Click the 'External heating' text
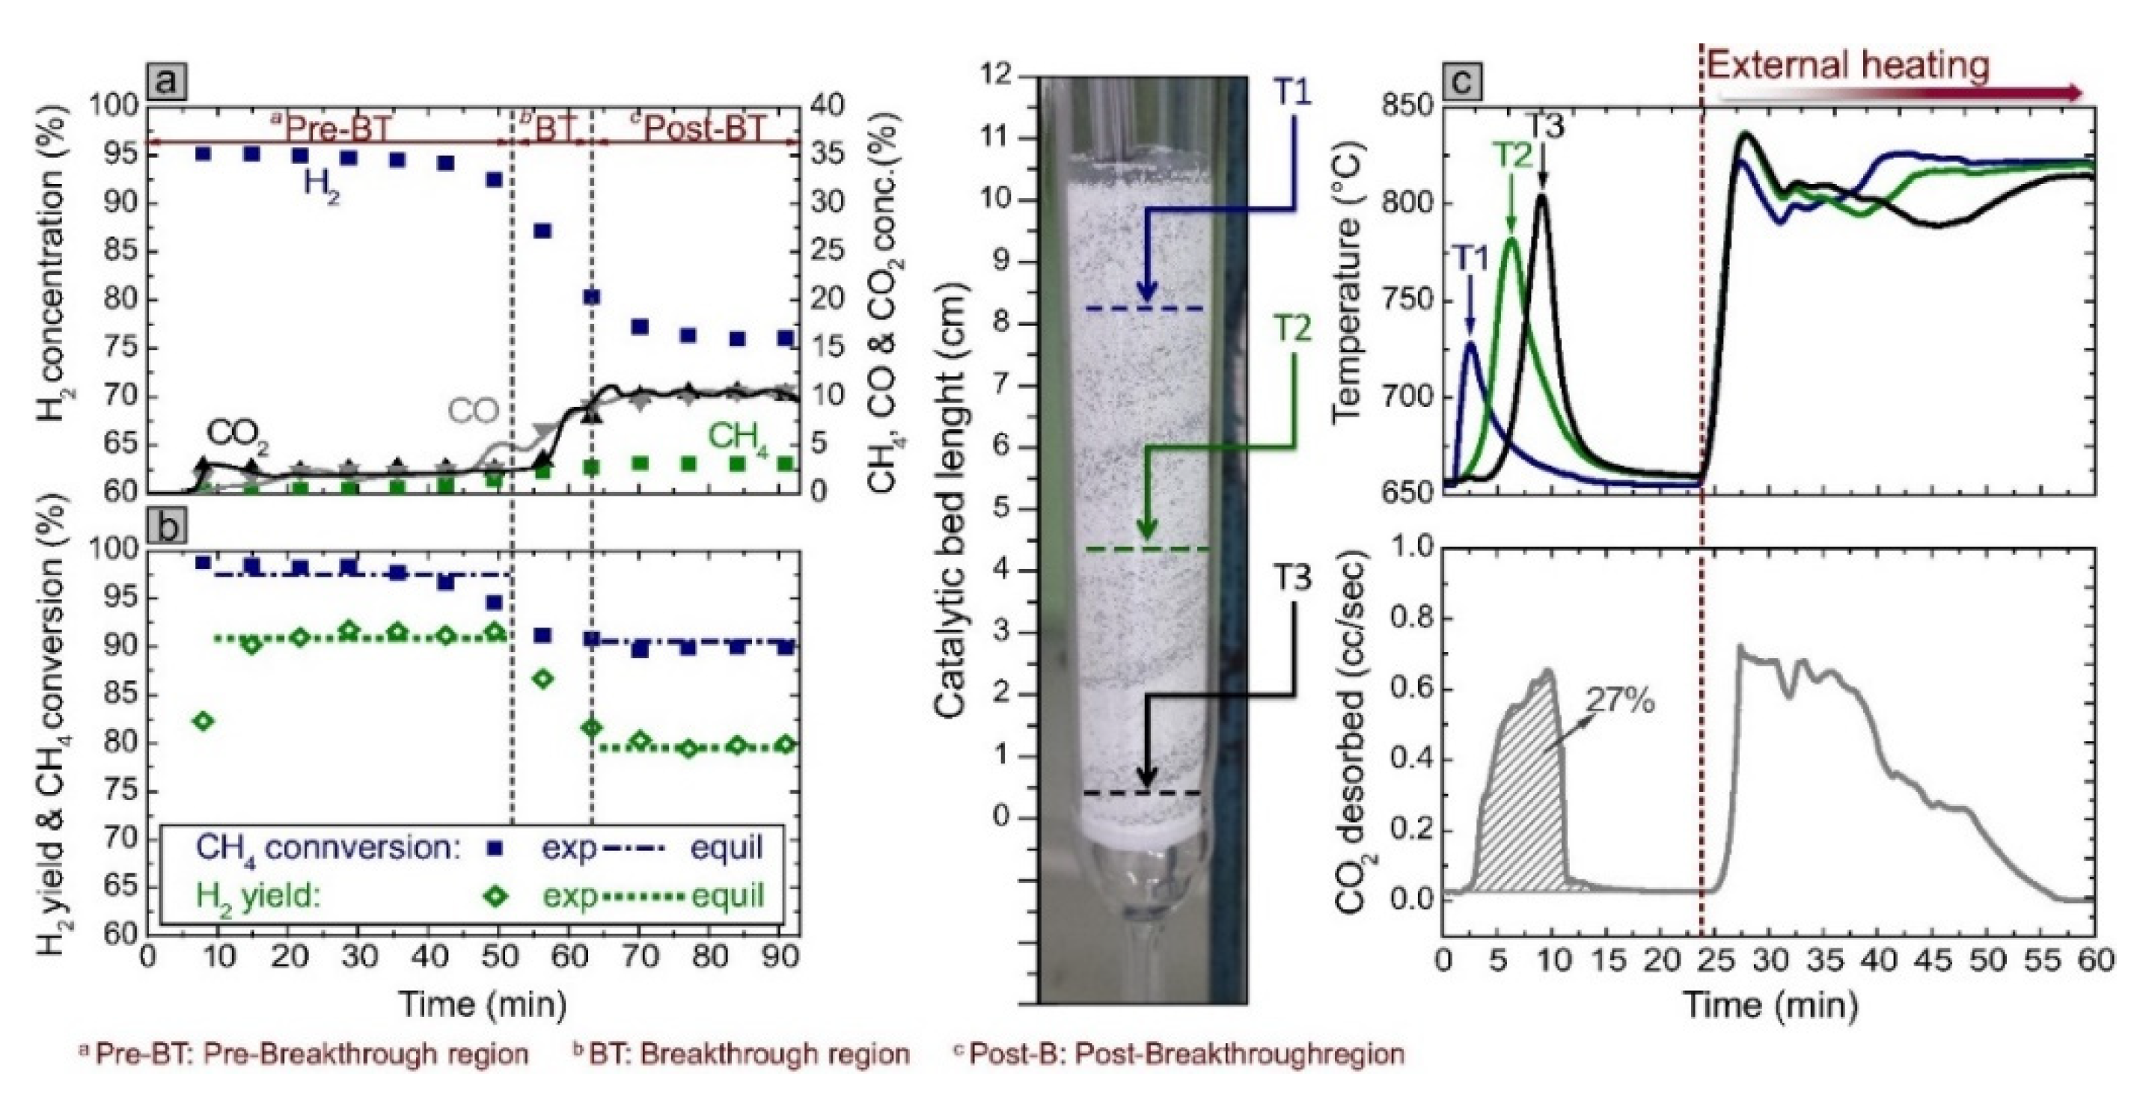pyautogui.click(x=1849, y=65)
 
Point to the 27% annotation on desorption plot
pyautogui.click(x=1619, y=701)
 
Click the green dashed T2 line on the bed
pyautogui.click(x=1147, y=550)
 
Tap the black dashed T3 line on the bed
pyautogui.click(x=1147, y=793)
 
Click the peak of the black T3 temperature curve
pyautogui.click(x=1543, y=196)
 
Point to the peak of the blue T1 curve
pyautogui.click(x=1470, y=343)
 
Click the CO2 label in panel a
pyautogui.click(x=238, y=434)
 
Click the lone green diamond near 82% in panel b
pyautogui.click(x=203, y=721)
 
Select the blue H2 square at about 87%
pyautogui.click(x=542, y=231)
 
